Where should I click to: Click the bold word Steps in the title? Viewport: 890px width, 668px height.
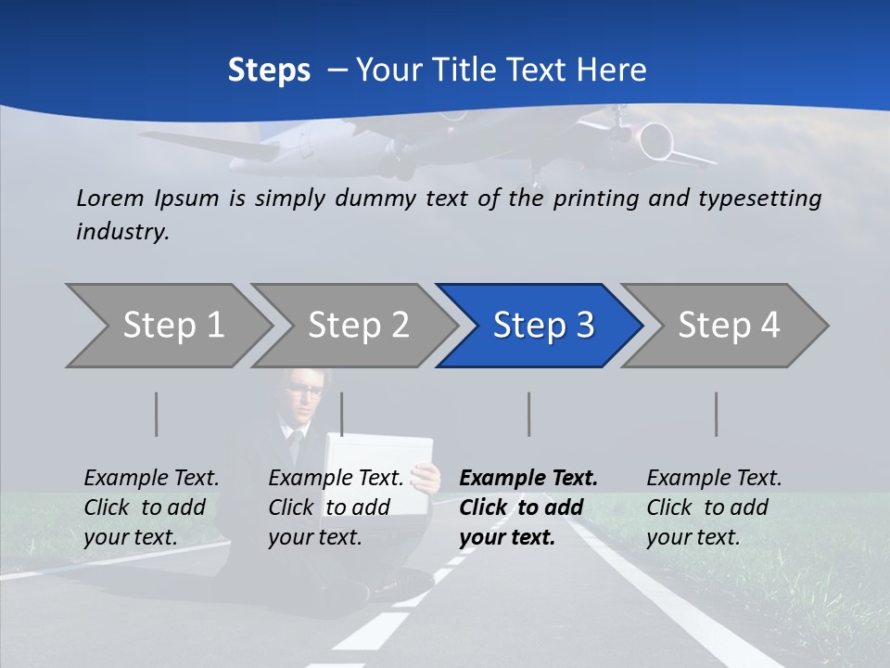coord(269,71)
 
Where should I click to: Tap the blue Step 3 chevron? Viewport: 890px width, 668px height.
coord(543,325)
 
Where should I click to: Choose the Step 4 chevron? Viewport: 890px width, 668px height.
coord(729,325)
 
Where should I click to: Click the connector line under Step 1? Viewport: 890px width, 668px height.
coord(157,414)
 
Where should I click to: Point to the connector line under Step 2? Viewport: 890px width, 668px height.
coord(342,414)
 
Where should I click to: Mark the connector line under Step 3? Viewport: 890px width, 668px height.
coord(528,414)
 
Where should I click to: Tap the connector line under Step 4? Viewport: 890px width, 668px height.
coord(716,414)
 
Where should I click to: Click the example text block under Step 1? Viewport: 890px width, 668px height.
coord(151,507)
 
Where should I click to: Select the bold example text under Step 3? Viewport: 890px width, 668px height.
coord(528,507)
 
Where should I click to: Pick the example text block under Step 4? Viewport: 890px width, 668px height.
coord(714,507)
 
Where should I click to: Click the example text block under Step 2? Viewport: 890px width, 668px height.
coord(336,507)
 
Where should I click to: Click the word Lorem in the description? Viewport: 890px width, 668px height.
coord(110,198)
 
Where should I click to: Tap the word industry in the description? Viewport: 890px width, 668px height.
coord(121,232)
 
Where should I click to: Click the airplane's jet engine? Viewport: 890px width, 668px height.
coord(655,141)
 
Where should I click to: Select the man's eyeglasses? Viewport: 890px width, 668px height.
coord(305,390)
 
